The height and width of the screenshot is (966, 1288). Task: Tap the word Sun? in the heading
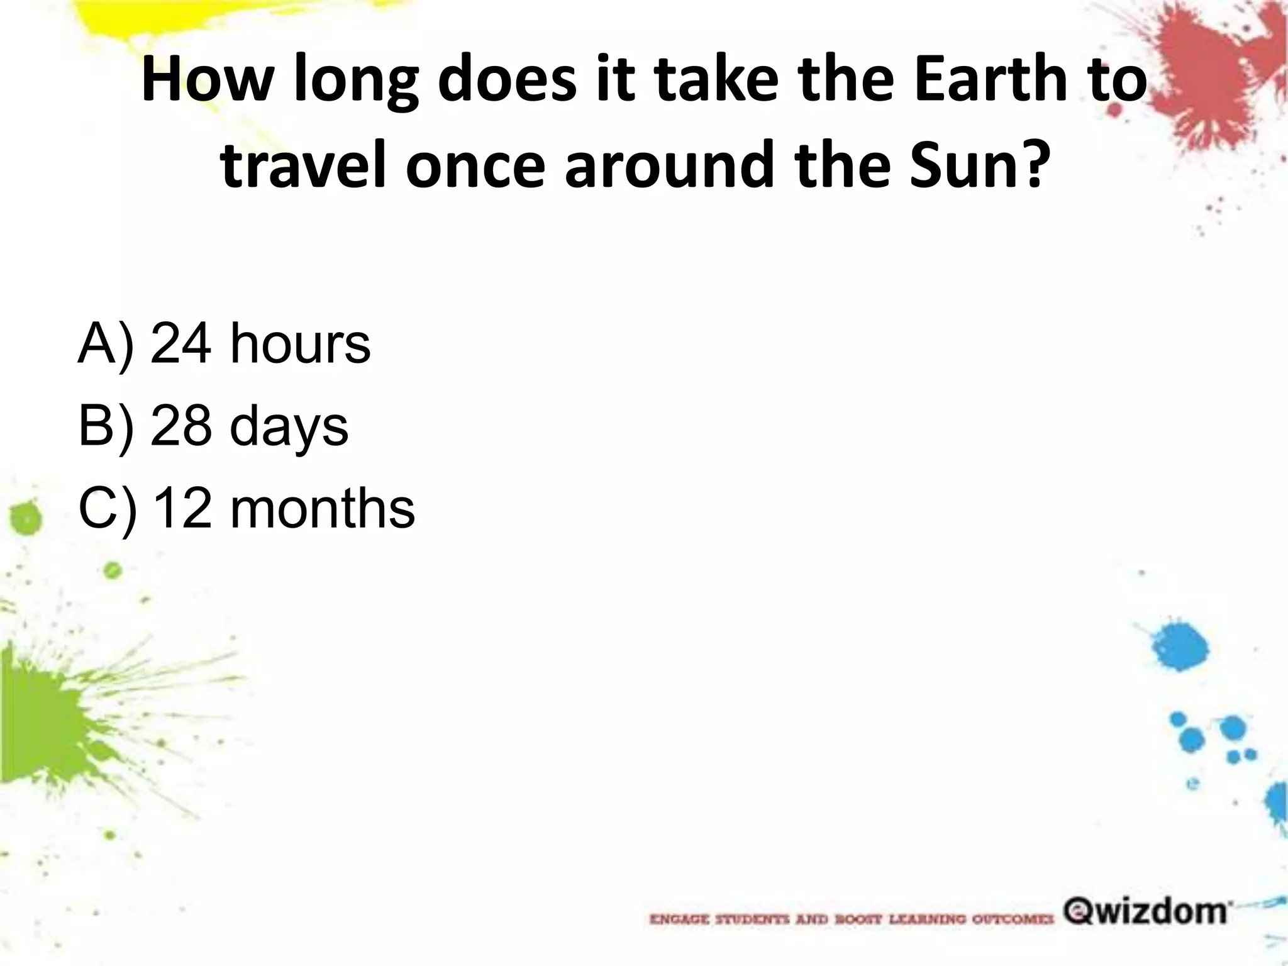click(980, 165)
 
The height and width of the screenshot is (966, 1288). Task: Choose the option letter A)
click(106, 343)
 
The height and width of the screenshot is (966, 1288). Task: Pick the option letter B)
click(106, 426)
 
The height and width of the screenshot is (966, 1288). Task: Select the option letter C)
click(107, 508)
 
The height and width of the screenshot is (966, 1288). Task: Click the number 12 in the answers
click(182, 508)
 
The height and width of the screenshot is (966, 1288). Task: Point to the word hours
click(301, 343)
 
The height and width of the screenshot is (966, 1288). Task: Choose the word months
click(323, 508)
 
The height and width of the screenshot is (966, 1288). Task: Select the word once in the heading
click(475, 165)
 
